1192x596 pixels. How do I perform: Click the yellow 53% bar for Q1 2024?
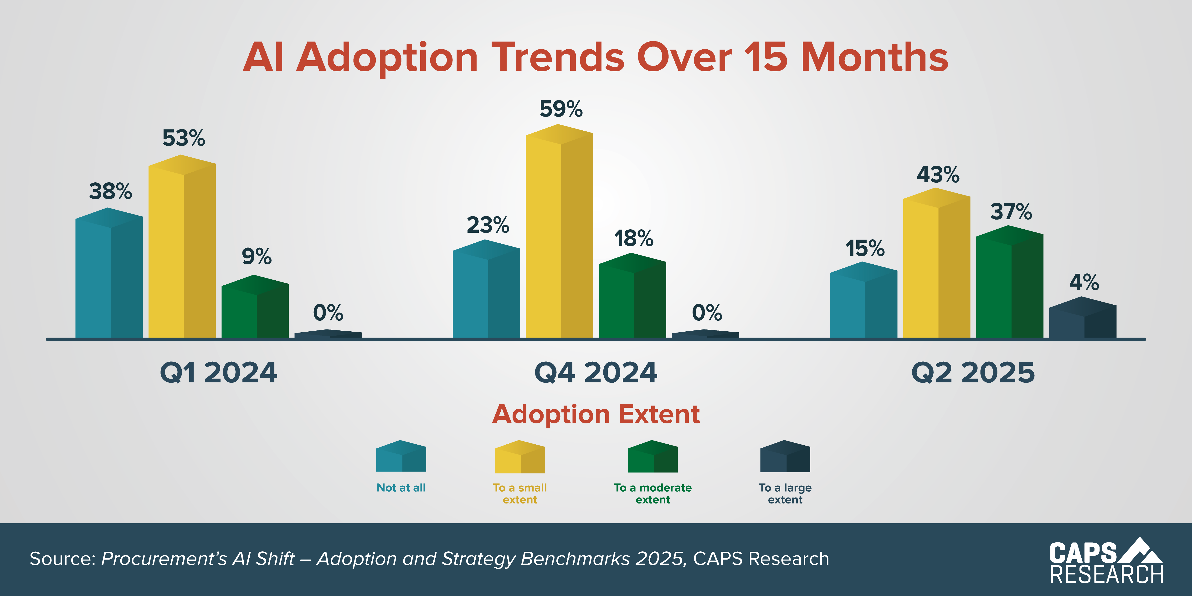click(182, 250)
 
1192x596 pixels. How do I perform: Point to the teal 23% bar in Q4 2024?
click(486, 292)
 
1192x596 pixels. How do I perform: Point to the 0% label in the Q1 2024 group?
click(328, 313)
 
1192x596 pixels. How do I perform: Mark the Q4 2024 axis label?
click(596, 372)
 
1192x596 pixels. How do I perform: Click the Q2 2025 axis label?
click(973, 372)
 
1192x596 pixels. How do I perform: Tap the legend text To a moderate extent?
click(653, 493)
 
